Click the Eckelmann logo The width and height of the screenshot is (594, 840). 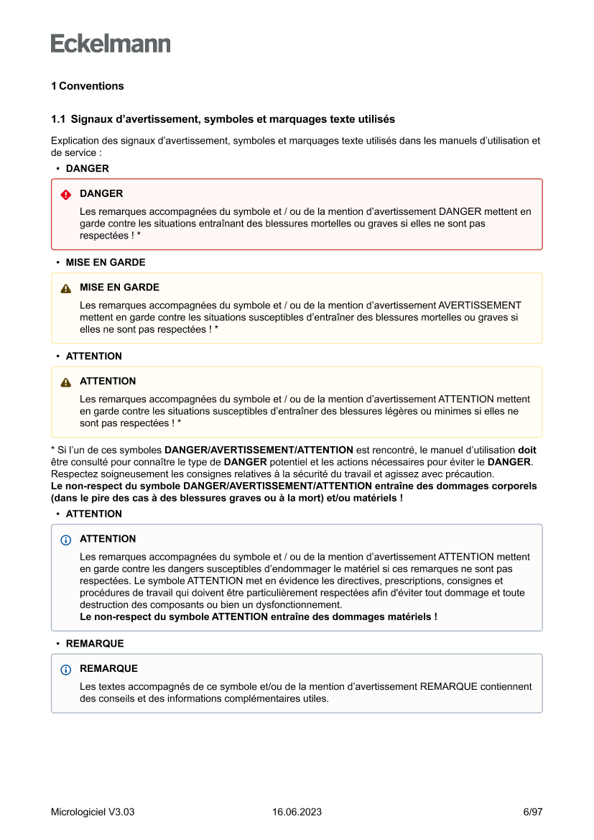pyautogui.click(x=111, y=43)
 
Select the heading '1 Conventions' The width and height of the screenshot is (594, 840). pyautogui.click(x=87, y=86)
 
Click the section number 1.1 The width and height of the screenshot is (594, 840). pyautogui.click(x=58, y=119)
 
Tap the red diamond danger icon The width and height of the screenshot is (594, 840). pyautogui.click(x=66, y=195)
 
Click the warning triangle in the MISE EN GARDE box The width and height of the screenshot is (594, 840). pyautogui.click(x=66, y=288)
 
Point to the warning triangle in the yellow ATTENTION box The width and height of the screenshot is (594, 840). pyautogui.click(x=66, y=382)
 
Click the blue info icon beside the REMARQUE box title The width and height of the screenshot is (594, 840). pyautogui.click(x=66, y=670)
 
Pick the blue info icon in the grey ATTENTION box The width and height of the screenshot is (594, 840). pyautogui.click(x=66, y=540)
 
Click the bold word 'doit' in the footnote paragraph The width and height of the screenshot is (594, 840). pyautogui.click(x=526, y=451)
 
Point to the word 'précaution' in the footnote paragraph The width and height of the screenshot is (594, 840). pyautogui.click(x=470, y=474)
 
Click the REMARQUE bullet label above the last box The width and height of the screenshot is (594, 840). pyautogui.click(x=95, y=644)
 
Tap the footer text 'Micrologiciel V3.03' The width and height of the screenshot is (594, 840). pyautogui.click(x=93, y=812)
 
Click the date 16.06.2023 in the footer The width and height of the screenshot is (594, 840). pyautogui.click(x=297, y=812)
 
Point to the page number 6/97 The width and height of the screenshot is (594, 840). pyautogui.click(x=532, y=812)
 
